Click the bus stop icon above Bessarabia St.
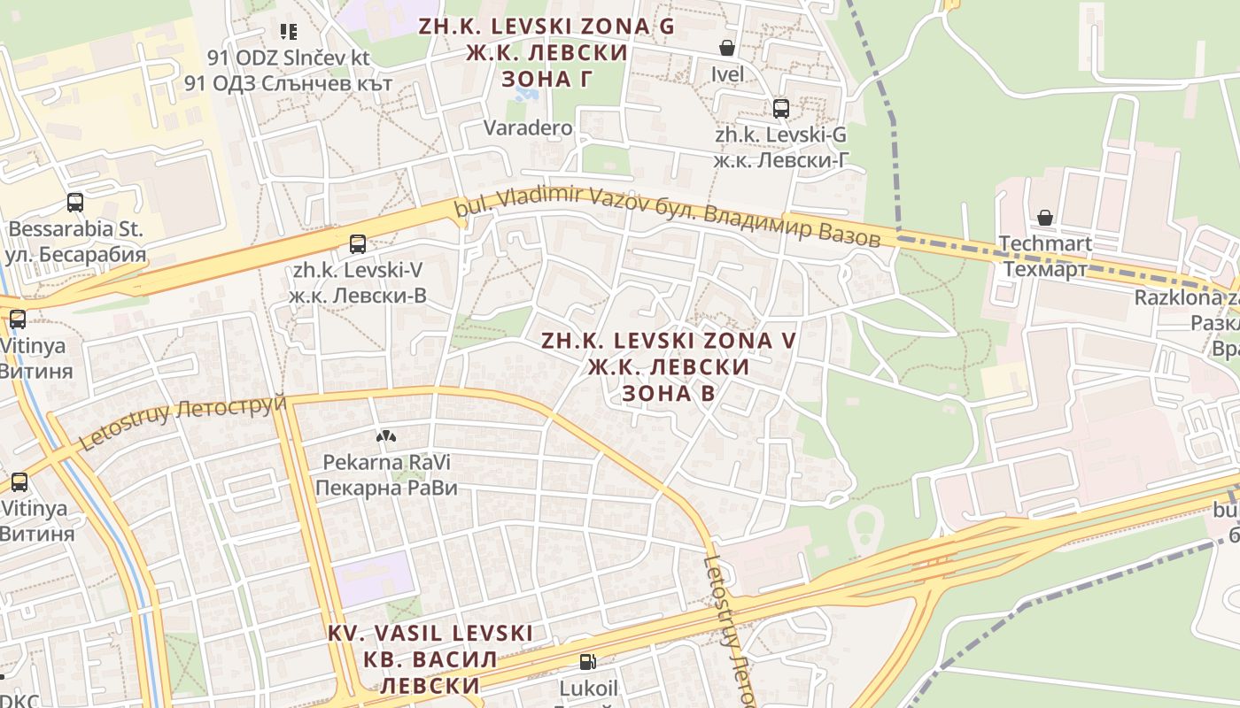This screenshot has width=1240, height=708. [x=75, y=203]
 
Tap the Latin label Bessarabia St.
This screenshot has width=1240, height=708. [x=75, y=229]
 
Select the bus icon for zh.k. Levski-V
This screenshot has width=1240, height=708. [x=358, y=244]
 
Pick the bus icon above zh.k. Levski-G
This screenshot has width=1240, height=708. [x=781, y=109]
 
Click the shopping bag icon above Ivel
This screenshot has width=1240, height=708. [x=727, y=48]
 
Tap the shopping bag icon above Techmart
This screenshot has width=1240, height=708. [x=1045, y=217]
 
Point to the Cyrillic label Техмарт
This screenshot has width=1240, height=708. [x=1045, y=269]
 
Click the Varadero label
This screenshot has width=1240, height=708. [x=528, y=127]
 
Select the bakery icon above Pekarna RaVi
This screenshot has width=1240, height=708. [x=385, y=436]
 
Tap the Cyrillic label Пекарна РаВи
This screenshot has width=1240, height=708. [x=386, y=488]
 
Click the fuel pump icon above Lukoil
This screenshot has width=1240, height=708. [x=587, y=661]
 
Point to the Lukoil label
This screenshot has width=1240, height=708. [x=588, y=688]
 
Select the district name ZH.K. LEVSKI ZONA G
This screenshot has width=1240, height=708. [x=546, y=27]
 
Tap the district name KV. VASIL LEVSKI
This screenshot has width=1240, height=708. [x=430, y=634]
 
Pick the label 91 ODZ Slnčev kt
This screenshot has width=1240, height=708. [x=288, y=58]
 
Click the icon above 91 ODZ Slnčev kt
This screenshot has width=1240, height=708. [x=288, y=32]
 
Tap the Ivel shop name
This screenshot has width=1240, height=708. [x=727, y=74]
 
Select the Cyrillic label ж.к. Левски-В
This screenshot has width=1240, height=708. [x=358, y=296]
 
